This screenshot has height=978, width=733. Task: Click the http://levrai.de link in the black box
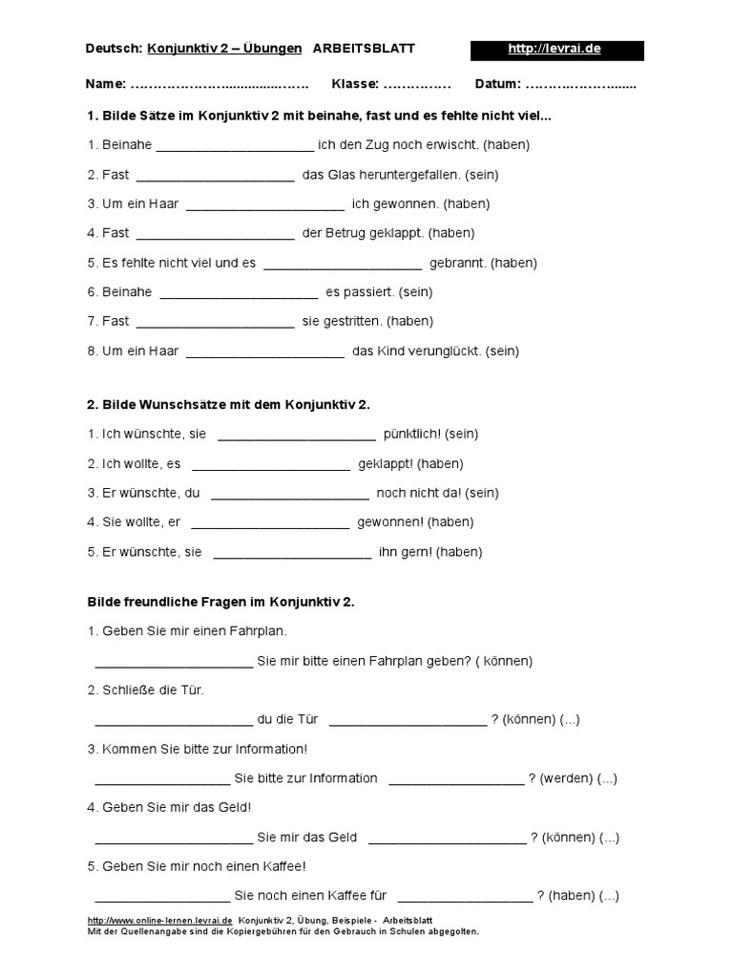555,49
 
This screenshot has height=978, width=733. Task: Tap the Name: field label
105,84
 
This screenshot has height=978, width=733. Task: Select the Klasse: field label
355,84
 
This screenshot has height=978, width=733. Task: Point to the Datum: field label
496,84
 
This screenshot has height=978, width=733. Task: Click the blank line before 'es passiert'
239,293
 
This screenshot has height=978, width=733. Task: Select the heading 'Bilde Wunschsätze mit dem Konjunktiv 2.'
228,404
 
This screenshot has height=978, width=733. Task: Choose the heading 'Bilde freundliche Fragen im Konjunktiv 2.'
220,602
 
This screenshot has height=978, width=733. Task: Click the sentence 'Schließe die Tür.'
145,690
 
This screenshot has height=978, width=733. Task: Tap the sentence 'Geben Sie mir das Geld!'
169,808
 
